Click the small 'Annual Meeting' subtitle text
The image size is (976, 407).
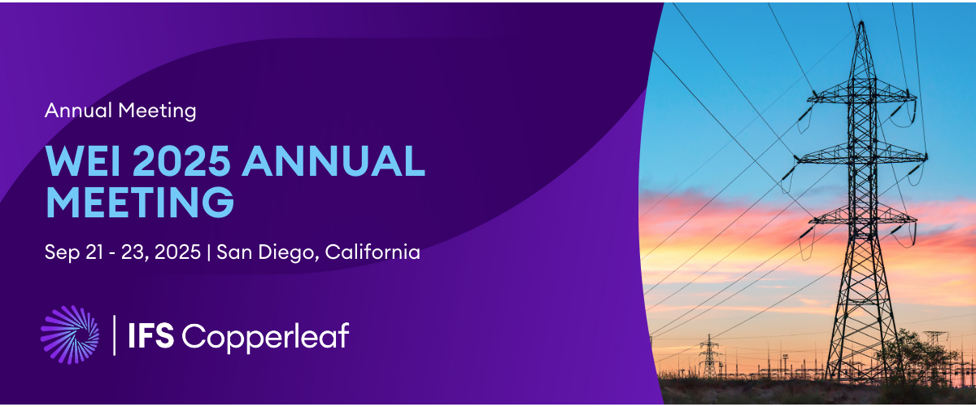point(120,111)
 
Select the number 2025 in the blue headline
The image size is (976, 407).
point(181,160)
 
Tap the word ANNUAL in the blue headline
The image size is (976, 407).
point(333,160)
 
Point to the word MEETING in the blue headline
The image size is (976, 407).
point(140,201)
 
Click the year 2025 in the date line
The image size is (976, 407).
point(177,252)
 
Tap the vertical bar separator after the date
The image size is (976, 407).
point(209,252)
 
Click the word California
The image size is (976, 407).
point(373,252)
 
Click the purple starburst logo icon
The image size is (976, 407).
point(70,335)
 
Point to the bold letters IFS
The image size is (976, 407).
point(150,335)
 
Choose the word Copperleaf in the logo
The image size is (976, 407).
point(265,337)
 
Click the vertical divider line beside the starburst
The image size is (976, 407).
point(114,335)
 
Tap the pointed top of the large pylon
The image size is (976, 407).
point(861,23)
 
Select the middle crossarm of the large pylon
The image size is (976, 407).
point(862,155)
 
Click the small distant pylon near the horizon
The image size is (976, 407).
point(709,356)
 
